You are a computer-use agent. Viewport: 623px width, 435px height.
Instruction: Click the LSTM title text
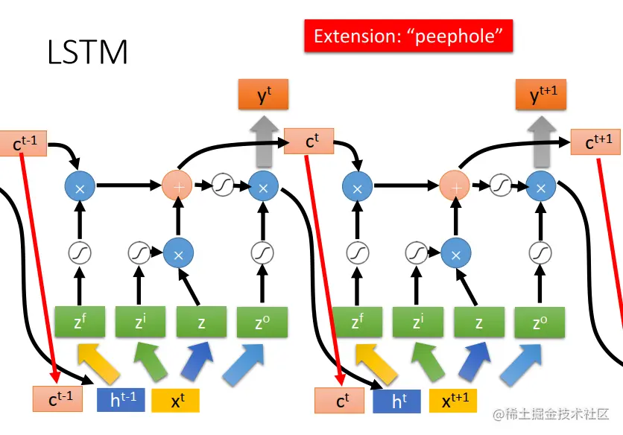tap(87, 53)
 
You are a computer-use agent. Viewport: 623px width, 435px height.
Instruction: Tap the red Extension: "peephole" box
tap(408, 36)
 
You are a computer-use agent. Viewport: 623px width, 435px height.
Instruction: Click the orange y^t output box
tap(262, 96)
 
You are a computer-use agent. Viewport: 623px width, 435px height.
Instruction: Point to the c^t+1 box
tap(595, 142)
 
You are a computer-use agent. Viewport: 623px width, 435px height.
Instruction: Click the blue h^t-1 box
tap(122, 400)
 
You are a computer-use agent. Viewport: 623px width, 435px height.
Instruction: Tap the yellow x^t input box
tap(176, 400)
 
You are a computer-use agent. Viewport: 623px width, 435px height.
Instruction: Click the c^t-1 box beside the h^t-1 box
tap(60, 399)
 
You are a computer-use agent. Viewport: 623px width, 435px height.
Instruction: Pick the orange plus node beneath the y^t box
tap(177, 184)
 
